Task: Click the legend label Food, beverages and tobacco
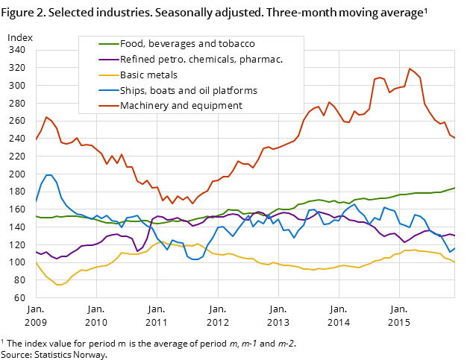click(x=187, y=44)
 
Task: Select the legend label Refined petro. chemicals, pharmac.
click(x=201, y=60)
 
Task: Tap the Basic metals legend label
click(x=148, y=75)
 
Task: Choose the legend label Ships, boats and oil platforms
click(x=188, y=91)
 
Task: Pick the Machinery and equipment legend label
click(x=181, y=106)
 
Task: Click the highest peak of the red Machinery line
click(x=410, y=69)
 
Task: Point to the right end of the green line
click(x=455, y=188)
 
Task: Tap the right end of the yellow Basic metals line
click(x=455, y=262)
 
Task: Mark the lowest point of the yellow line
click(x=58, y=285)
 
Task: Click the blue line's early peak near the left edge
click(x=48, y=175)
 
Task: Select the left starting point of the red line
click(x=36, y=140)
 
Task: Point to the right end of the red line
click(x=455, y=138)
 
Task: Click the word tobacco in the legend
click(x=237, y=44)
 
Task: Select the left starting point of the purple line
click(x=36, y=251)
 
